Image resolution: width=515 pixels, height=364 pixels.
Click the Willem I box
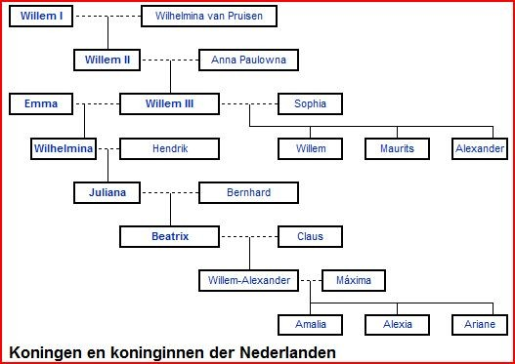[x=40, y=17]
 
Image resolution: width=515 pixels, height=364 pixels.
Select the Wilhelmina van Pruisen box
[x=209, y=17]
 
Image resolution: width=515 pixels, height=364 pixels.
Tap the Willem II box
[x=107, y=61]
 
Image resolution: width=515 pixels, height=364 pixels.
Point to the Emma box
[x=41, y=103]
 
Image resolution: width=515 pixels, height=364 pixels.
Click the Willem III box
[x=169, y=103]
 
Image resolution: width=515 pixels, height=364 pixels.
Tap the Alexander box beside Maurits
[x=479, y=149]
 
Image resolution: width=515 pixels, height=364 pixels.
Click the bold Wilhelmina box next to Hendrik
[x=64, y=149]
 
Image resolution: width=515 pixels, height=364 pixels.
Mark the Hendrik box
[x=169, y=149]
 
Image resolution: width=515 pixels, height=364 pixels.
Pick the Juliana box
[x=107, y=192]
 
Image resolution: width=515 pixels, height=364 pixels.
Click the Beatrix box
[x=169, y=236]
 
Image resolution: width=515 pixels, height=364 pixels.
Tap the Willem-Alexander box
[x=248, y=280]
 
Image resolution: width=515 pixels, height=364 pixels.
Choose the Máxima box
[x=353, y=280]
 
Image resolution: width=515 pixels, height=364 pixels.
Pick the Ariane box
[x=479, y=324]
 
